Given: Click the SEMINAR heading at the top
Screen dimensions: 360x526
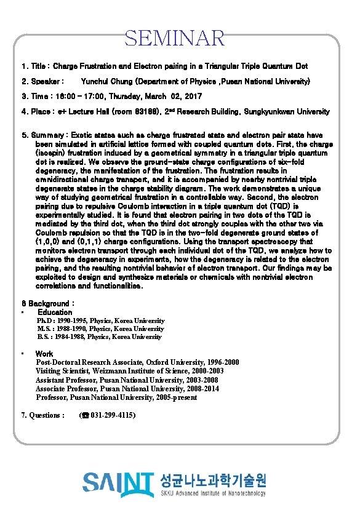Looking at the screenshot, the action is pos(175,38).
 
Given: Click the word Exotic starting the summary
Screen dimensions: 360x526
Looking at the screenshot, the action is pos(84,134).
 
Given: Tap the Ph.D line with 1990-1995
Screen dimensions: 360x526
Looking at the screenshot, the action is pos(100,321).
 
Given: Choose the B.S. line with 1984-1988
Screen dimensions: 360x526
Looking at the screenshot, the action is pos(99,337).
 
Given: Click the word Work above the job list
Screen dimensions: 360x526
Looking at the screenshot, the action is pos(44,354).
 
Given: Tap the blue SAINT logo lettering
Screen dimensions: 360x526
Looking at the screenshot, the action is pos(118,484).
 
